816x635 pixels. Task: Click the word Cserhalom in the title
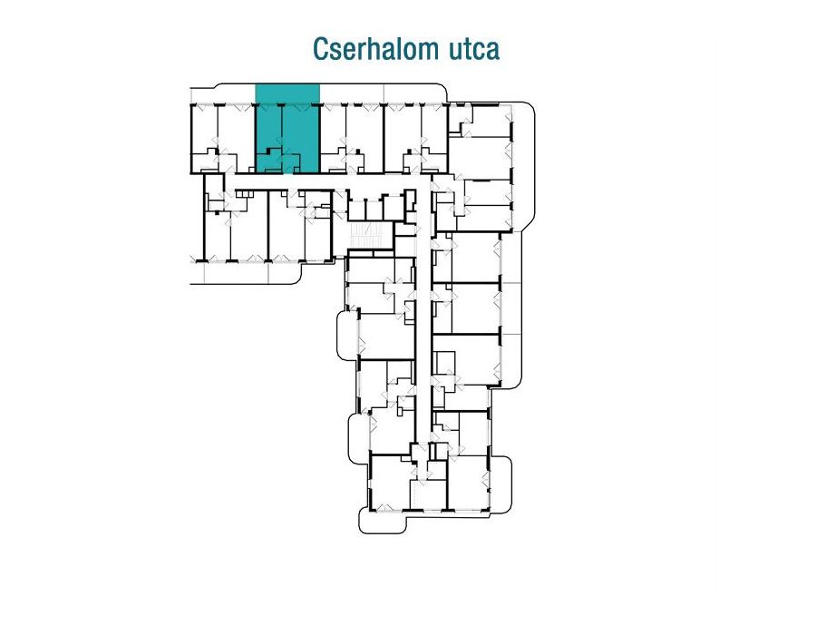368,49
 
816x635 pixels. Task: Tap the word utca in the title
466,50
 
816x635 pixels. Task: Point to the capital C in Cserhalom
320,49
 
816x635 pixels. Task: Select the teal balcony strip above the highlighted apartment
287,94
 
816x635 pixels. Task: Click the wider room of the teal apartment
300,129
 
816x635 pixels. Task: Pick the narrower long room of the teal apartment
268,128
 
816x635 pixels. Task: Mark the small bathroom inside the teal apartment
268,161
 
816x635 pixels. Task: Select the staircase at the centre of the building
367,236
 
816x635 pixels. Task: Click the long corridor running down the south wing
423,312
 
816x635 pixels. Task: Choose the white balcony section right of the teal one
352,93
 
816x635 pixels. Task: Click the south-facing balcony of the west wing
245,273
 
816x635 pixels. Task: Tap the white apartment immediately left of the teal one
222,139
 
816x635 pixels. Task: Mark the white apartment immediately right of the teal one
352,139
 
